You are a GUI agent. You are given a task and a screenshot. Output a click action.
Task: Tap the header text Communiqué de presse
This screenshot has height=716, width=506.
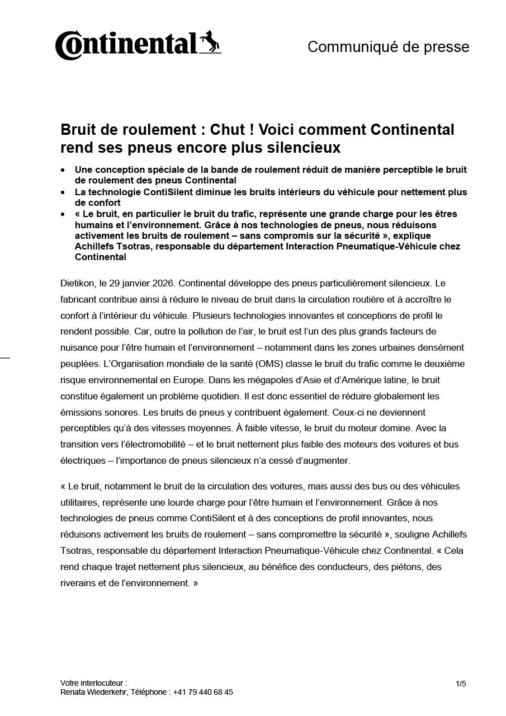click(388, 47)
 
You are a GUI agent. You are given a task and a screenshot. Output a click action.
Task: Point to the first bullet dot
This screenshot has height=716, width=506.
click(64, 169)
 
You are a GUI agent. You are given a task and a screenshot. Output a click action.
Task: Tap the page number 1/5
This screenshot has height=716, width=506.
click(461, 684)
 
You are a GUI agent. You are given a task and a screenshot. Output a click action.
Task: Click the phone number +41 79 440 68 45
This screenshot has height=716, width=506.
click(203, 692)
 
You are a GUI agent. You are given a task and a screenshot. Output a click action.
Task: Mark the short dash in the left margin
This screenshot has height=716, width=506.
click(5, 356)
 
